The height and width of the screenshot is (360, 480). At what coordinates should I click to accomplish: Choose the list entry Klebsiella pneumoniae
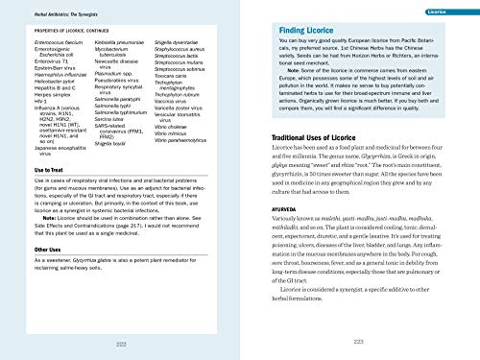click(x=99, y=45)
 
